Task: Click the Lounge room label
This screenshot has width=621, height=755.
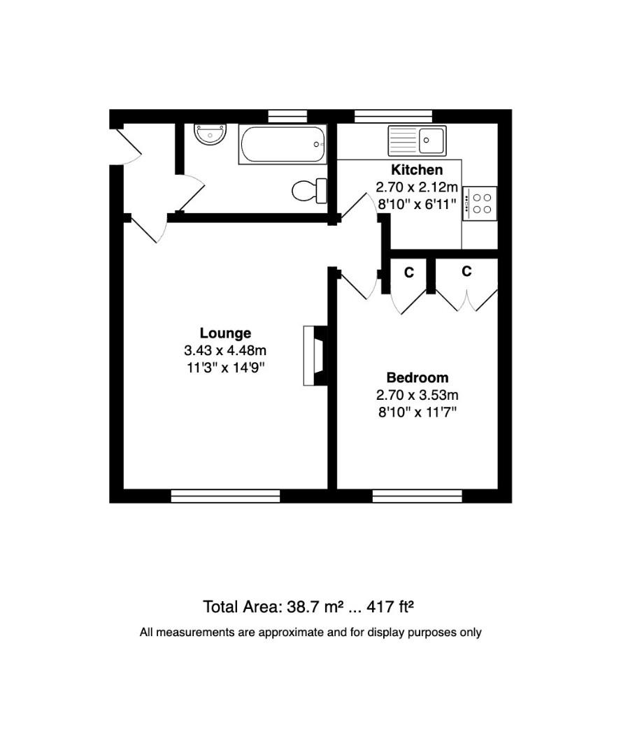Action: point(225,333)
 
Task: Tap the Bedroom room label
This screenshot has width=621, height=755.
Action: point(417,378)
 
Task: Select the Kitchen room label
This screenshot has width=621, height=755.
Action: point(417,170)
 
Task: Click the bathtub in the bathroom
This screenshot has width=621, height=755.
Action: point(283,144)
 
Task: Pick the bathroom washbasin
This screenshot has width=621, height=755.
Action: point(210,134)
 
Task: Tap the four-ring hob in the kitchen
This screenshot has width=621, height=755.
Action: point(481,203)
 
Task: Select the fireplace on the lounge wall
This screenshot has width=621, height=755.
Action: point(315,356)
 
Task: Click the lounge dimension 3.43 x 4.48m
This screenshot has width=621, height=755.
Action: point(225,350)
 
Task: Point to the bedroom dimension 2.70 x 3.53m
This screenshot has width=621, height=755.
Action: point(417,395)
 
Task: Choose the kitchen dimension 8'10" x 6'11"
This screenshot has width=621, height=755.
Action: point(417,204)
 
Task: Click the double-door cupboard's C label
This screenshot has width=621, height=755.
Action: point(466,271)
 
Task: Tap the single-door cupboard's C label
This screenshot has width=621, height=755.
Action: point(409,273)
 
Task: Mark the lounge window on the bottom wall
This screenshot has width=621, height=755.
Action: point(225,496)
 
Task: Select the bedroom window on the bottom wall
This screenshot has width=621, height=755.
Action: point(417,496)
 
